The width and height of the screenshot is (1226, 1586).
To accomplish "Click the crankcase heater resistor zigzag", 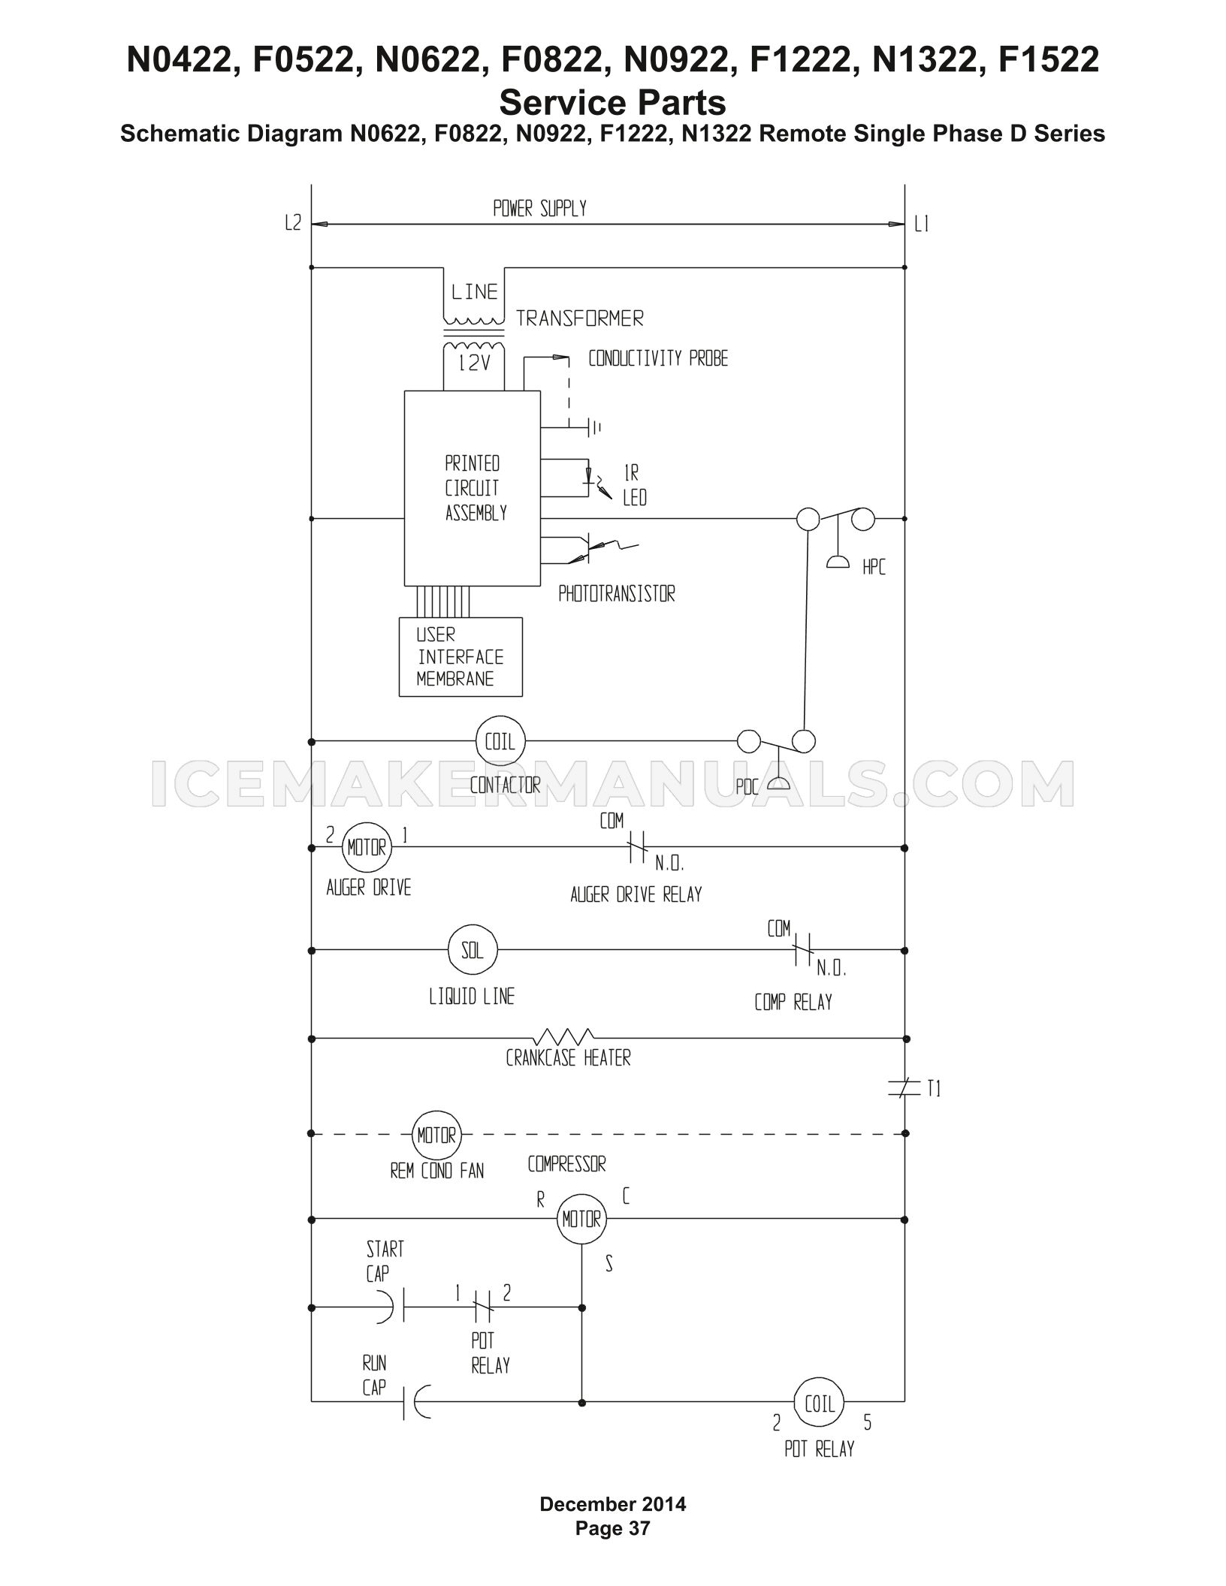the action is point(568,1036).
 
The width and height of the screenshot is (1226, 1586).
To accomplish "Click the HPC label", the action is point(874,568).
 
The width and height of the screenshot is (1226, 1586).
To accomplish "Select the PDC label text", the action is point(747,788).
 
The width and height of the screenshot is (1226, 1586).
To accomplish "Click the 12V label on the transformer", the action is point(475,363).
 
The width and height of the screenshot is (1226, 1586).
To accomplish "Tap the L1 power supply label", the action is point(922,224).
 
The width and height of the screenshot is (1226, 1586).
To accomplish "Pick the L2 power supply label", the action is point(293,223).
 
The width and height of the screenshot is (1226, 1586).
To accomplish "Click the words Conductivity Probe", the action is point(658,359).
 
